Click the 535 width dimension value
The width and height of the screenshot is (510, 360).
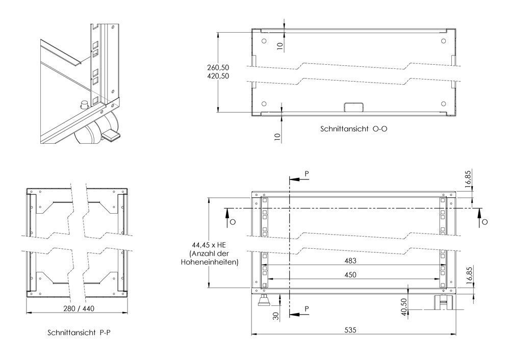[350, 330]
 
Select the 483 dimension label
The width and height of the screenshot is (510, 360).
[350, 261]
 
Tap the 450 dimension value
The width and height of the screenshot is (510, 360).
[350, 275]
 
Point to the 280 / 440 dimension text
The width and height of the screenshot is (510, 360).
[79, 308]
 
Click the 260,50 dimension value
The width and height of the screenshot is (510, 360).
[218, 68]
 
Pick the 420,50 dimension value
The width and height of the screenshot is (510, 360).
[218, 76]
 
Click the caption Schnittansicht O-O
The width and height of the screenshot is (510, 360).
[353, 129]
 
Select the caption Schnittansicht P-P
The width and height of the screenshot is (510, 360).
[79, 332]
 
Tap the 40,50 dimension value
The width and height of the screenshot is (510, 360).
[404, 307]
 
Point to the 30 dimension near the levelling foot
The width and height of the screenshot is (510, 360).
[276, 316]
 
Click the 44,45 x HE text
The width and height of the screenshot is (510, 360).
[209, 245]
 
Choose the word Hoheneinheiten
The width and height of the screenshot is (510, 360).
[210, 262]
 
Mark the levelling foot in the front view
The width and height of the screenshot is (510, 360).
[264, 300]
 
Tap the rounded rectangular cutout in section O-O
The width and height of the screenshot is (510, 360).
[353, 107]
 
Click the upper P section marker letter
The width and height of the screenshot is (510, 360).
[307, 174]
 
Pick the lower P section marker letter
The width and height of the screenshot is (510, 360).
[307, 308]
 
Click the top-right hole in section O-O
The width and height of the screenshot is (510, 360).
[443, 41]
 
